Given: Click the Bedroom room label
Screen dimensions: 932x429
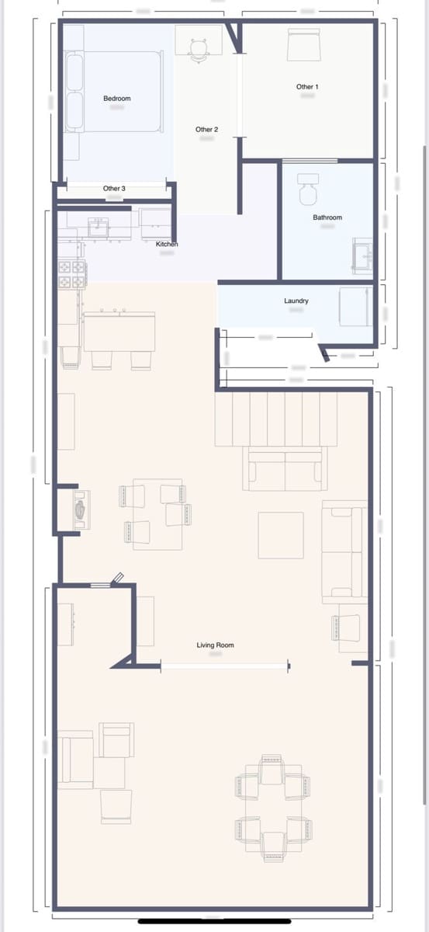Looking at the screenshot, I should [x=116, y=99].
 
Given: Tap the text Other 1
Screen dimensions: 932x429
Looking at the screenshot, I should [x=307, y=87].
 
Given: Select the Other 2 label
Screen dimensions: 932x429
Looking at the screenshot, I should [x=206, y=130].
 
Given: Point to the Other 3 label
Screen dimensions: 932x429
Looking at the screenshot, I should [x=114, y=189].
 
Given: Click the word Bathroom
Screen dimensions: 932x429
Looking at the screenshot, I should [x=327, y=217].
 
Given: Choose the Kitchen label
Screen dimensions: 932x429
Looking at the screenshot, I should [x=167, y=245].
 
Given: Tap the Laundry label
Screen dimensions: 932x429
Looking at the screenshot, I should [x=296, y=301].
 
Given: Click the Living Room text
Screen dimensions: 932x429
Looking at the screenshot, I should [x=215, y=645].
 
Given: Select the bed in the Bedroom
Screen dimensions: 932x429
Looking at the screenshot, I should [x=114, y=91].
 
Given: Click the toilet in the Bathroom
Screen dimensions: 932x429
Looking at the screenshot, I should [x=308, y=185].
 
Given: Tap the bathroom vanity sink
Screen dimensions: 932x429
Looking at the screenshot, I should [x=362, y=256].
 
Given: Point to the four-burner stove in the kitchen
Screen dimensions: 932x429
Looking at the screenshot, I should [x=72, y=273].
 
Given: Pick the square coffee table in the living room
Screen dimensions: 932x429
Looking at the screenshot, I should [x=281, y=535].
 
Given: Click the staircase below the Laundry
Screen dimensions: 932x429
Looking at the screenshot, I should [x=277, y=419].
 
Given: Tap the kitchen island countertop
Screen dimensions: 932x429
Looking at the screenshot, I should [x=119, y=331].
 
